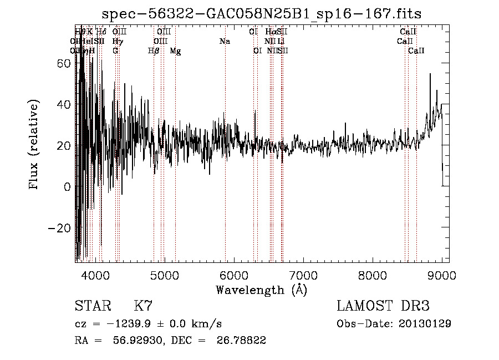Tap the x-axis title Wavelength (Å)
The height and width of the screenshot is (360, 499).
(261, 290)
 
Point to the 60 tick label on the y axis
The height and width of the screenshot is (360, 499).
(63, 63)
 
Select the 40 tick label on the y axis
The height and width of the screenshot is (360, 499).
(63, 104)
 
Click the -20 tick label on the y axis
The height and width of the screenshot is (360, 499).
(59, 228)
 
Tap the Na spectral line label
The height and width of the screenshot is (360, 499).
(225, 42)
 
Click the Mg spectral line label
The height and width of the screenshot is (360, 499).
(175, 51)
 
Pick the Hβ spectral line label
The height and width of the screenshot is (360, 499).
(154, 51)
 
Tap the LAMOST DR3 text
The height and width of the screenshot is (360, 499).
(383, 306)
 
